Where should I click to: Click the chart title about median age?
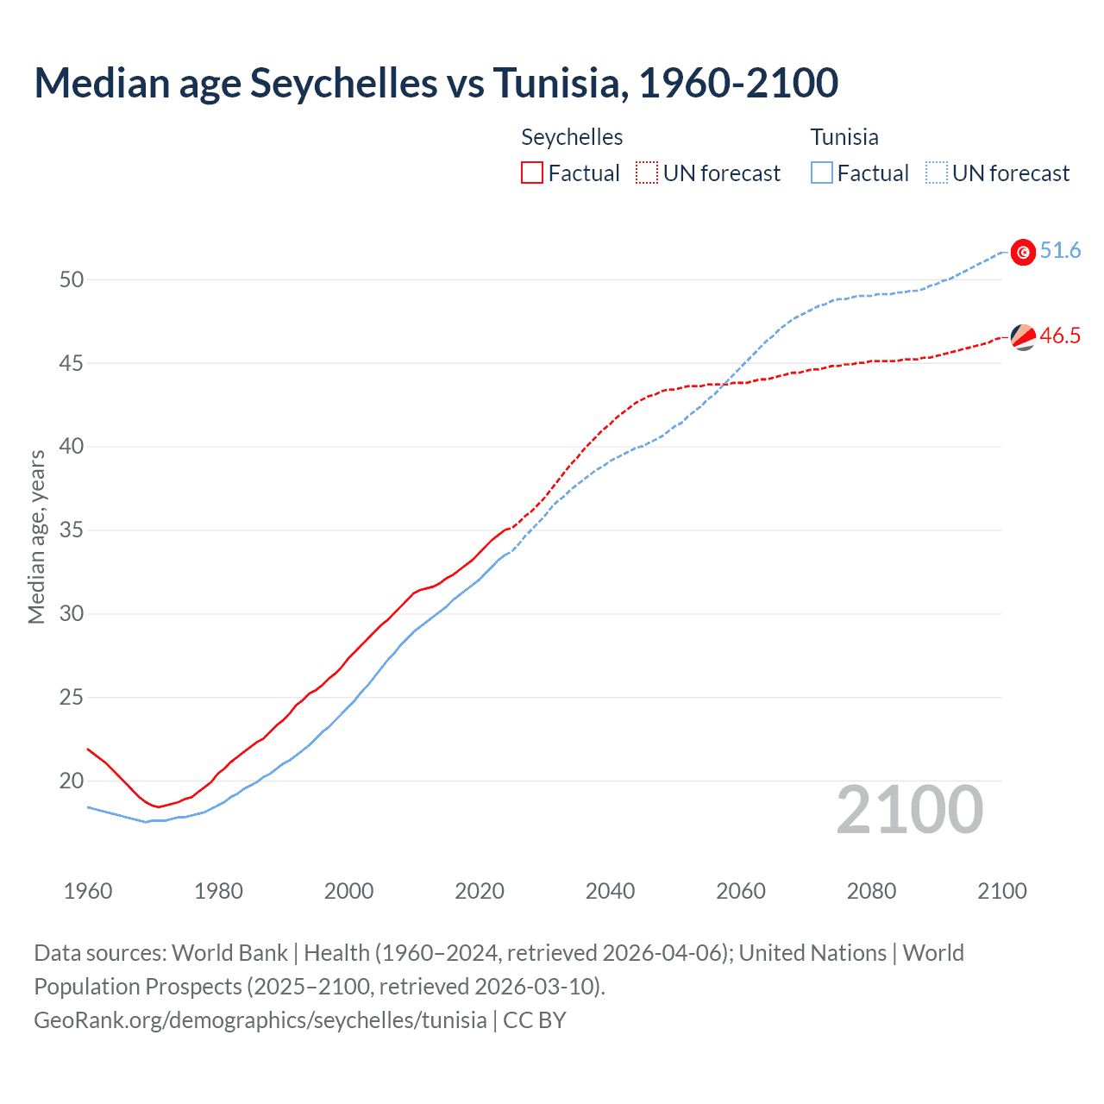coord(436,83)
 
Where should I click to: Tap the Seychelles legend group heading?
coord(572,137)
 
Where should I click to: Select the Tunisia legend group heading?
coord(844,137)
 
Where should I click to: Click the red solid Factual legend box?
coord(532,172)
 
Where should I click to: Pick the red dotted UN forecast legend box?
coord(647,172)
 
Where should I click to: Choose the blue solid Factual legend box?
coord(822,172)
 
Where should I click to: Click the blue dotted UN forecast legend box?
coord(937,172)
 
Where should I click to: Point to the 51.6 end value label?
coord(1060,251)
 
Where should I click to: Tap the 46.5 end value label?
coord(1060,336)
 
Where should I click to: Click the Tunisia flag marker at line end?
coord(1023,252)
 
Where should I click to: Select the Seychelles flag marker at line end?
coord(1023,337)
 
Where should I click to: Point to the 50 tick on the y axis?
coord(72,279)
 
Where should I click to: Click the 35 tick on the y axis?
coord(72,530)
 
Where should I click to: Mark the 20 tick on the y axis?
coord(72,781)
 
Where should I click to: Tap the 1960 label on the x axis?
coord(88,891)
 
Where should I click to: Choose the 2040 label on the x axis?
coord(610,891)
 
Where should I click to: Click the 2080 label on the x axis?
coord(871,891)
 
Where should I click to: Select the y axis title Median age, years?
coord(36,536)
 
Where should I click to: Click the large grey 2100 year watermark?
coord(909,810)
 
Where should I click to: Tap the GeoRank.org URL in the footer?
coord(260,1020)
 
